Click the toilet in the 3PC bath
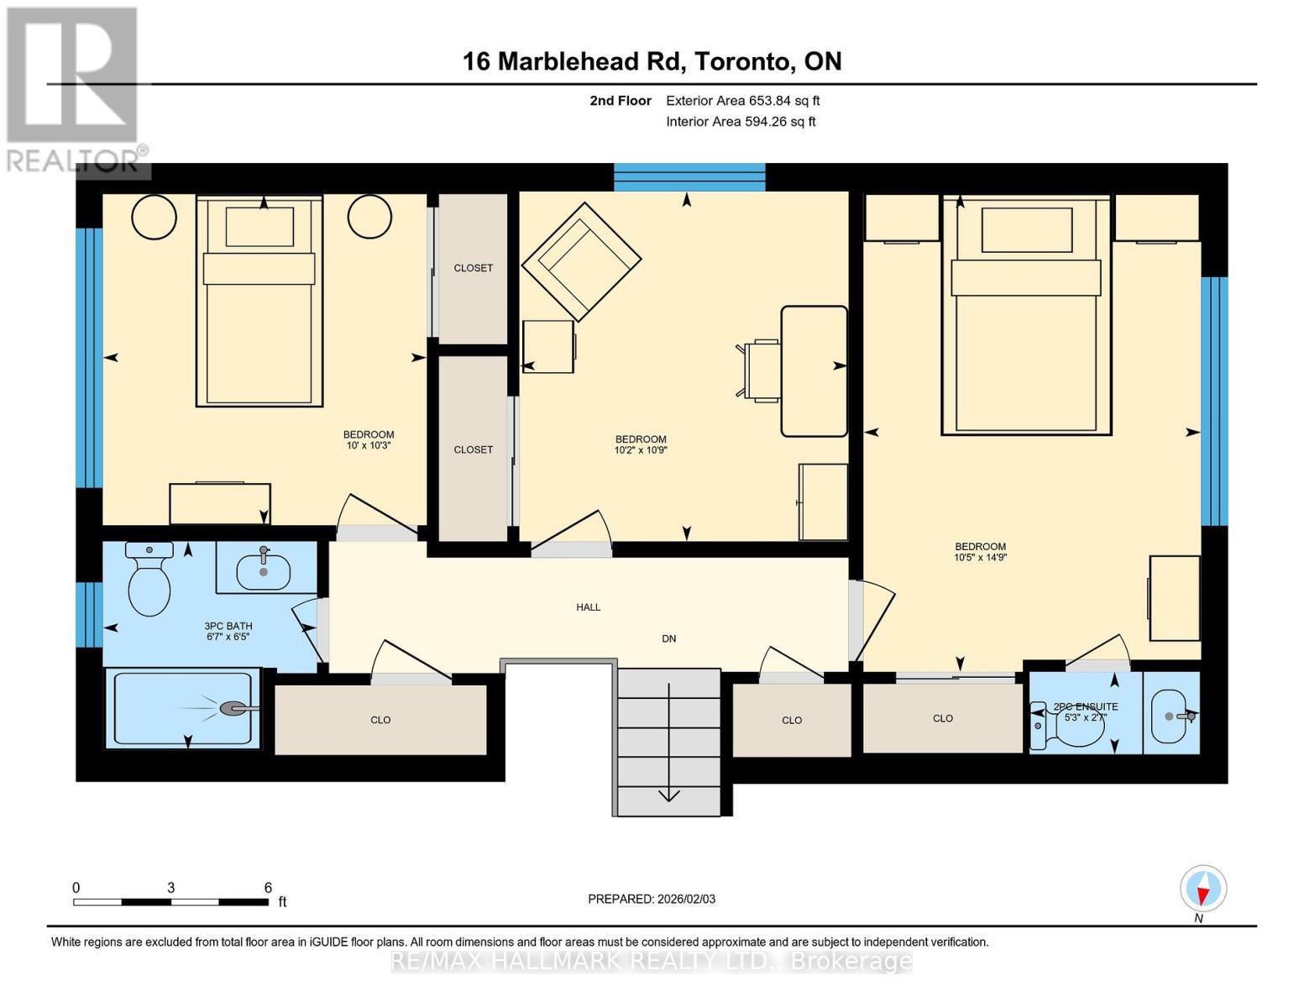point(149,583)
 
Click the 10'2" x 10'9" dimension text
point(641,449)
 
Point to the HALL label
point(588,606)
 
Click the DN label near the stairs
point(668,638)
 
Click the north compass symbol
point(1203,889)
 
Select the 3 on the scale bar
point(170,888)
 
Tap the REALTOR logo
point(74,88)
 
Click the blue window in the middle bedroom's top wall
point(689,177)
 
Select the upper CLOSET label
point(473,268)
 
